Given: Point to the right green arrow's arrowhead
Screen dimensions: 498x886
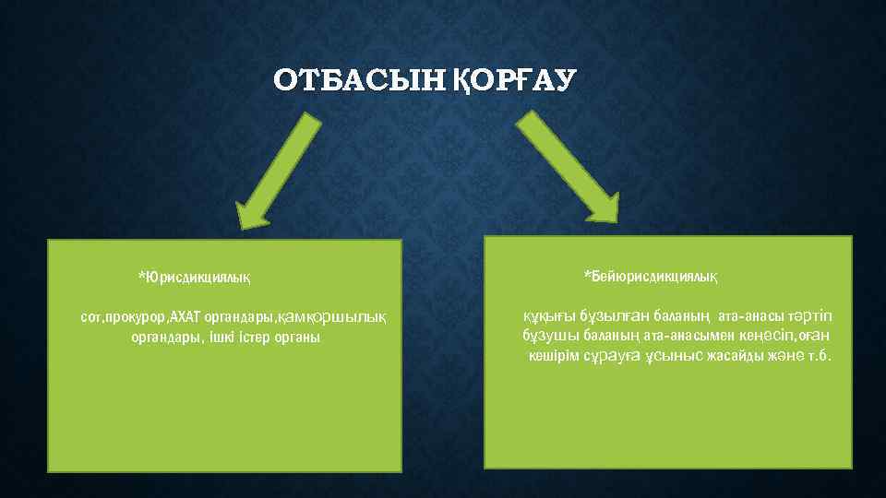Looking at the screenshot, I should pos(601,207).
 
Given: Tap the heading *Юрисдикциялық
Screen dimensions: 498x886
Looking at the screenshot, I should pos(194,276).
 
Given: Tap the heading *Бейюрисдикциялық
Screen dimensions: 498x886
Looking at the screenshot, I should pos(651,276).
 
